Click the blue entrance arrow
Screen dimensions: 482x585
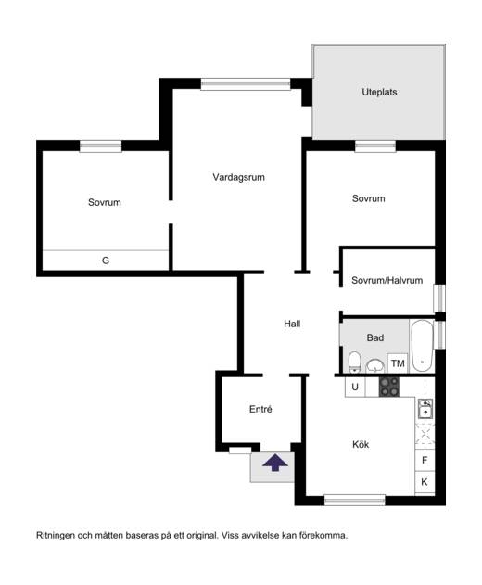point(275,463)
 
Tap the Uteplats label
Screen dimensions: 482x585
point(379,92)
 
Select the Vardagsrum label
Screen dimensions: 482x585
point(239,177)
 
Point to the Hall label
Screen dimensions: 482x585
point(292,324)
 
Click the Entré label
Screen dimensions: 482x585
point(260,409)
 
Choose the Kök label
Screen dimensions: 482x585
point(361,444)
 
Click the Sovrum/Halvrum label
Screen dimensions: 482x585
point(387,280)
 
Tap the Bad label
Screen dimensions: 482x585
point(374,337)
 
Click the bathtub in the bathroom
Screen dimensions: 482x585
point(422,346)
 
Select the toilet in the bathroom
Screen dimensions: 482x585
point(354,362)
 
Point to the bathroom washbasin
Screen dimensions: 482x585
point(374,365)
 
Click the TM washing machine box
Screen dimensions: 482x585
point(398,363)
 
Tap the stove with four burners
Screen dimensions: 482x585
point(389,387)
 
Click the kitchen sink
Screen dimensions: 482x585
point(425,409)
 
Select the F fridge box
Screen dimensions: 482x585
point(425,460)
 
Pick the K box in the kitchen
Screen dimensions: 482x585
point(425,482)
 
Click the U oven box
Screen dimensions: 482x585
point(355,387)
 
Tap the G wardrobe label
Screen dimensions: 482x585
point(106,261)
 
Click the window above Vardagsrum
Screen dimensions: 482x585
point(246,84)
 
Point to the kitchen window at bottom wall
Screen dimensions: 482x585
point(355,500)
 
